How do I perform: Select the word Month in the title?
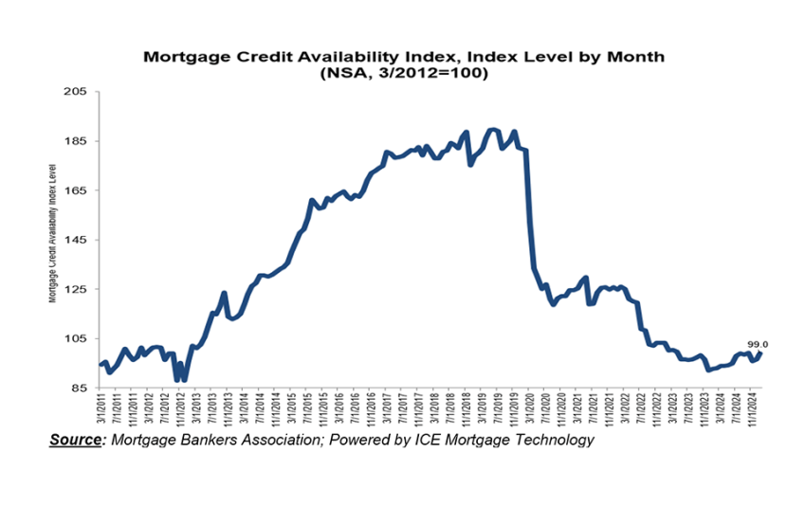pos(638,57)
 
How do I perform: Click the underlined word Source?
pos(77,440)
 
